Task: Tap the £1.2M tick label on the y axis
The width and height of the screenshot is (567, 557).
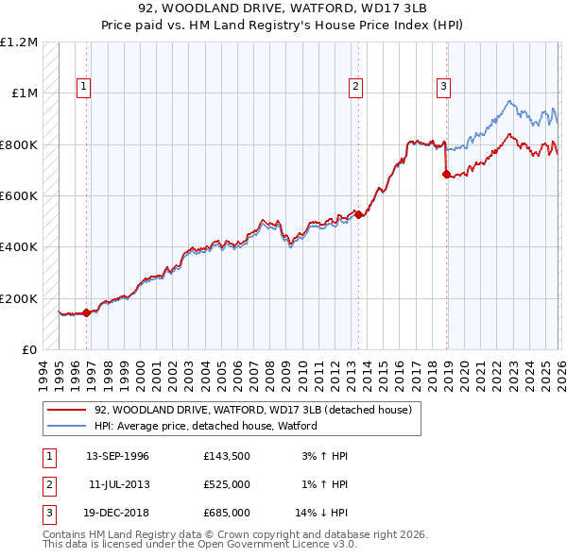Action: point(19,42)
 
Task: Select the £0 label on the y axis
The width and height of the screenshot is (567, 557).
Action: point(30,349)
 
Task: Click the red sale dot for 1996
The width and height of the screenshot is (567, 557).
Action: point(86,312)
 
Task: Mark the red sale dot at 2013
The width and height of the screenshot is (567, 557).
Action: point(358,214)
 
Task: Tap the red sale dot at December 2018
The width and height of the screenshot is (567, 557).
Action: point(445,174)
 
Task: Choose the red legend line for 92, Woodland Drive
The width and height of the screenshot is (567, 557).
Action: point(67,411)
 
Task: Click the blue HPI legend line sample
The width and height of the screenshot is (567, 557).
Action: point(67,426)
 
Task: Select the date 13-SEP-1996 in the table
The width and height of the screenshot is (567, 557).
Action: point(117,456)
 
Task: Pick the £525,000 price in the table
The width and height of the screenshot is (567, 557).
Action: point(227,484)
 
